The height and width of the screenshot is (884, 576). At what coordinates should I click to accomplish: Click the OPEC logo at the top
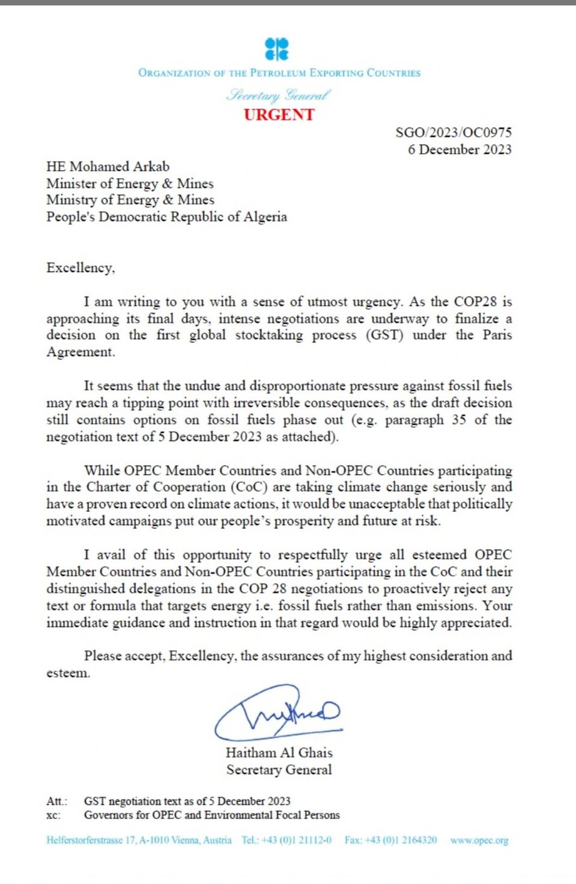(277, 49)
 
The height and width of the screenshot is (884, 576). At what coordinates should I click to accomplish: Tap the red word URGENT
(279, 115)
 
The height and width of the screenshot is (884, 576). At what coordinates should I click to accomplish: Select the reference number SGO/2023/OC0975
(453, 132)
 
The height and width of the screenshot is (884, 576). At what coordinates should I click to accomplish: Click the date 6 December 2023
(459, 150)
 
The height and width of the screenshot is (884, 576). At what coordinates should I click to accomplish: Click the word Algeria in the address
(265, 217)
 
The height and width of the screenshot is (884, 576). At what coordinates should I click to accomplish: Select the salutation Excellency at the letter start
(80, 268)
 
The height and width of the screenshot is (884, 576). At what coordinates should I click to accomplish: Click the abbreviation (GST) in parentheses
(384, 335)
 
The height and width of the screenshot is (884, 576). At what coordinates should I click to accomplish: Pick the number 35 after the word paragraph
(459, 420)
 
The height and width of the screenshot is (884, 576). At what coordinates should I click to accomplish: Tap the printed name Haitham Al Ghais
(279, 752)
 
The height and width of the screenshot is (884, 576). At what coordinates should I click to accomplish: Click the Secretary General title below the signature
(279, 770)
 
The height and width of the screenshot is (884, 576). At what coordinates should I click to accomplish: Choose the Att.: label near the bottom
(57, 801)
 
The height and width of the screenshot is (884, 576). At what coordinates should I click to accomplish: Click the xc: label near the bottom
(53, 815)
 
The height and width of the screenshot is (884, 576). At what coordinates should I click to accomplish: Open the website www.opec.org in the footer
(479, 840)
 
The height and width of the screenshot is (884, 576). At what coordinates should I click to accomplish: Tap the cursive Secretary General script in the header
(279, 95)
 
